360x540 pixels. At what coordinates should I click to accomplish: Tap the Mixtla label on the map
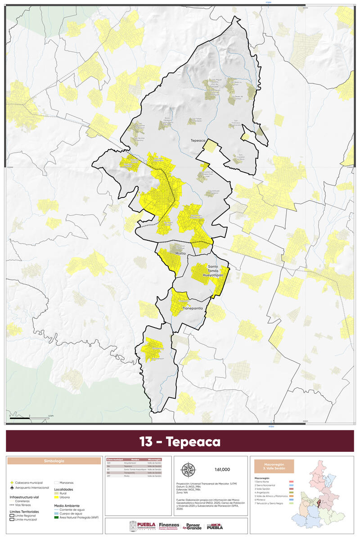point(181,254)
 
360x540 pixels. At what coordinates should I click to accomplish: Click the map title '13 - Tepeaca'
point(180,441)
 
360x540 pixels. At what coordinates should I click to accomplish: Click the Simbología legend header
point(54,461)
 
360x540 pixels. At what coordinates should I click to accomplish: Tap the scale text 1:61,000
point(222,469)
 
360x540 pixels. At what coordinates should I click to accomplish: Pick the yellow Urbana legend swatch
point(57,497)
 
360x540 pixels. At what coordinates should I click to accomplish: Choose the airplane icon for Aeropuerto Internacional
point(12,488)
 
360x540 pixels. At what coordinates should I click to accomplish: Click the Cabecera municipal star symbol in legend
point(12,483)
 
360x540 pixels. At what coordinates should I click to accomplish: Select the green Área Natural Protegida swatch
point(57,518)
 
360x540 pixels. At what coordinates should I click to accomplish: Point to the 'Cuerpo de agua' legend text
point(72,513)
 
